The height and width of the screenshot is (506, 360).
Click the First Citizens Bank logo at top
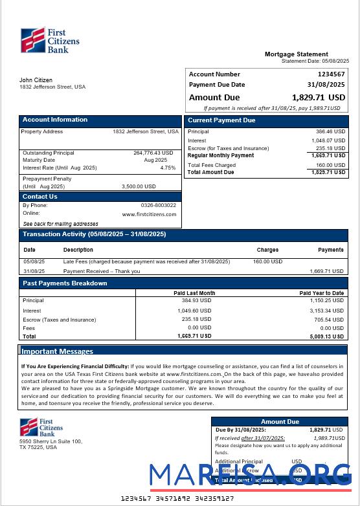[49, 40]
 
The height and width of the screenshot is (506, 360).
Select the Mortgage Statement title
[296, 54]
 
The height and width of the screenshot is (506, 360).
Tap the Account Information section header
[55, 120]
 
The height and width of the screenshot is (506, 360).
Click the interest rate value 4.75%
[168, 168]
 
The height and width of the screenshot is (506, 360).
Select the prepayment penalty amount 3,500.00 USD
[139, 186]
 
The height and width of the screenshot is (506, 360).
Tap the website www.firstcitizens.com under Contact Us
[149, 214]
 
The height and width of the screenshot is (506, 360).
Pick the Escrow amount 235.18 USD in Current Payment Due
[330, 148]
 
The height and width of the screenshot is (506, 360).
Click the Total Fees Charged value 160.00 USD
[330, 165]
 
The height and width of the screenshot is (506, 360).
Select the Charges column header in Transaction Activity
[267, 250]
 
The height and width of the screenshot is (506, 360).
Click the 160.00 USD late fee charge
[267, 262]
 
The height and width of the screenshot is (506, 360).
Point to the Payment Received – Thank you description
[102, 271]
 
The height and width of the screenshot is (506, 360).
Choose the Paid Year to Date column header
[321, 293]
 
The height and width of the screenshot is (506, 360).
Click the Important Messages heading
[58, 351]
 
